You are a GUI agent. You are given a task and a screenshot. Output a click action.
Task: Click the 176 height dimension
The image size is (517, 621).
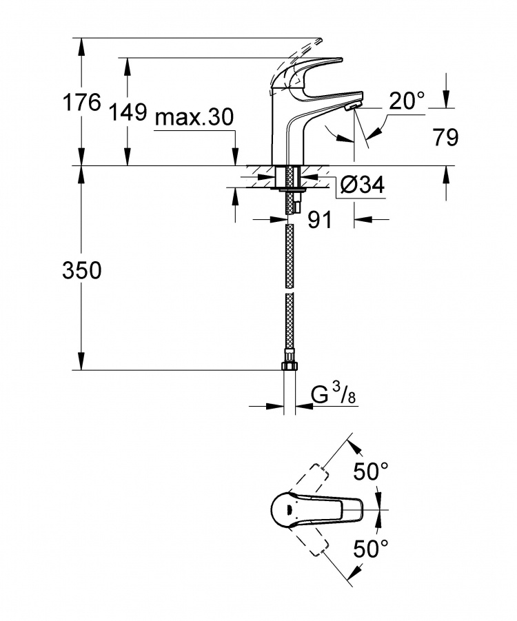click(82, 103)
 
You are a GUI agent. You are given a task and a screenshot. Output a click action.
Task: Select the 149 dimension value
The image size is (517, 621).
click(128, 112)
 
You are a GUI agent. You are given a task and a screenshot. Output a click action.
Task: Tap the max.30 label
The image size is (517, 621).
click(194, 117)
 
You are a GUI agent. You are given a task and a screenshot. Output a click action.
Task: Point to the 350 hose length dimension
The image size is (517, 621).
click(82, 271)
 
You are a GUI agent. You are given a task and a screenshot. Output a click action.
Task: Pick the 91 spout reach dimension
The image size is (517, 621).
click(320, 219)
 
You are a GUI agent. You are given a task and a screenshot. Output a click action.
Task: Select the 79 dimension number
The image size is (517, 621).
click(446, 137)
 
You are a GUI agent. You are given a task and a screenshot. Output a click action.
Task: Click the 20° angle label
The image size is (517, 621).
click(407, 101)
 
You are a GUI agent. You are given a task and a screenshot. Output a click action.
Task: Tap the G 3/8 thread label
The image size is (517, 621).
click(333, 395)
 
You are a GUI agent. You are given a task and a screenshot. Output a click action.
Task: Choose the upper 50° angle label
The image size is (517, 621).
click(371, 471)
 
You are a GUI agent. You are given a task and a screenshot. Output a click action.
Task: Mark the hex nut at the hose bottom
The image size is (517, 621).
click(289, 365)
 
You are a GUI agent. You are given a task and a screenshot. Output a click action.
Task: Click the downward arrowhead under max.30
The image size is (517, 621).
click(235, 156)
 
